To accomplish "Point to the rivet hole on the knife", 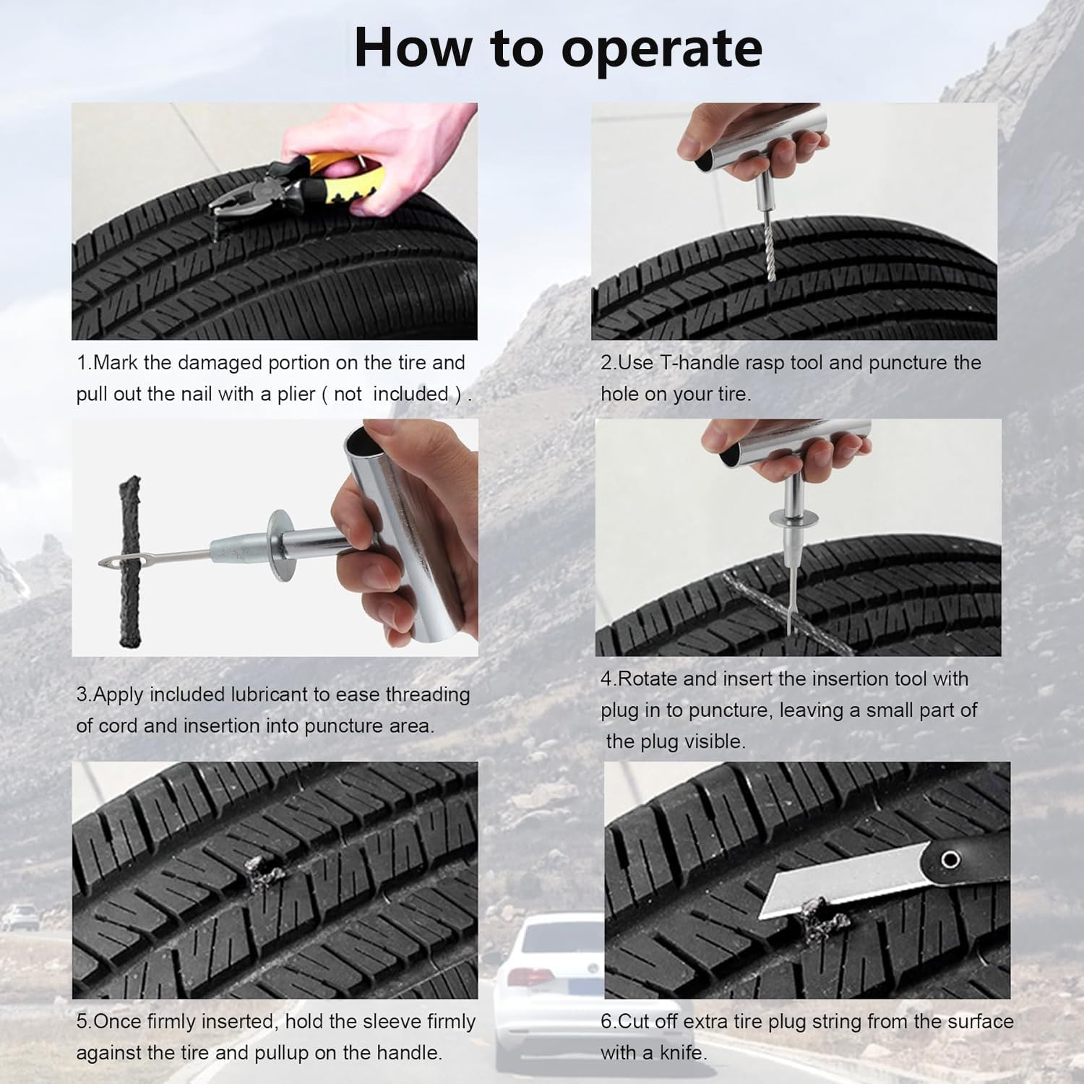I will (950, 859).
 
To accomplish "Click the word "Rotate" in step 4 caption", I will (648, 679).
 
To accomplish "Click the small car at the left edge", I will (20, 917).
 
